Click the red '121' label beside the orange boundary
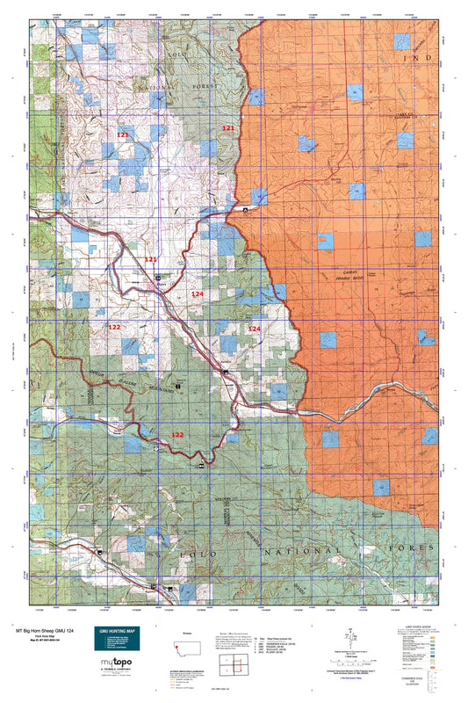(x=228, y=128)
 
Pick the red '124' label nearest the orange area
(x=254, y=329)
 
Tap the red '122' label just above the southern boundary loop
(x=177, y=435)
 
